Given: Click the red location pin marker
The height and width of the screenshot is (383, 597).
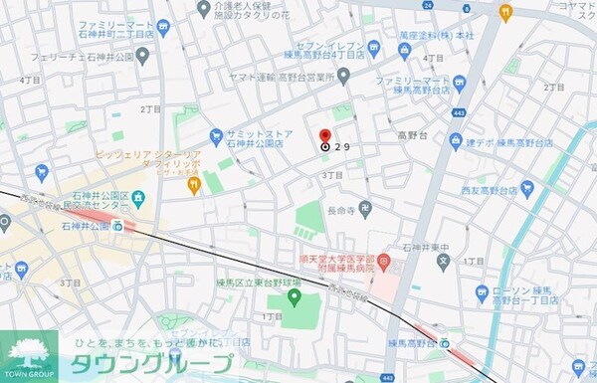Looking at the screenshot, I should click(x=324, y=137).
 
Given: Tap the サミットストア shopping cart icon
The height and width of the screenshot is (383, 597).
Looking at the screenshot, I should click(x=215, y=135).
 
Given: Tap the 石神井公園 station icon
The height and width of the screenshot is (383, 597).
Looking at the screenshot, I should click(x=117, y=226).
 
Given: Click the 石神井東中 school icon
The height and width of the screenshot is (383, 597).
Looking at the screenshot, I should click(x=443, y=263).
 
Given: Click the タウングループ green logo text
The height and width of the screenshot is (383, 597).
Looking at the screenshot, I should click(x=149, y=363).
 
